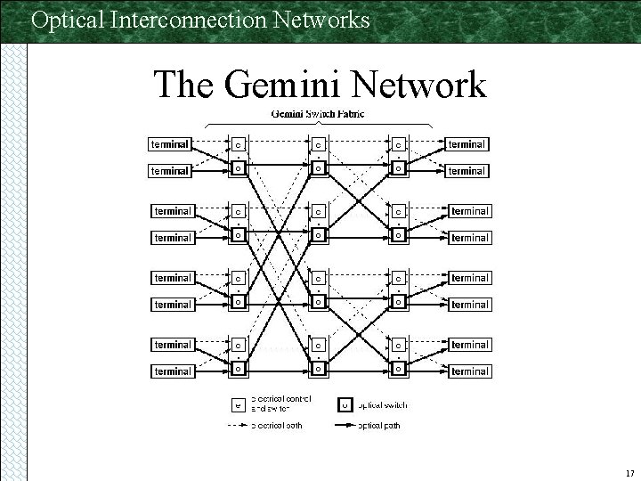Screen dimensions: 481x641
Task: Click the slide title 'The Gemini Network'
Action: click(x=320, y=86)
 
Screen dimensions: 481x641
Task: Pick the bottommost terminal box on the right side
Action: click(x=469, y=371)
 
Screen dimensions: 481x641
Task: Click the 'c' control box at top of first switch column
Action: click(x=239, y=143)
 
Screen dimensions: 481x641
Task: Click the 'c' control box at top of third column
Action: click(x=399, y=143)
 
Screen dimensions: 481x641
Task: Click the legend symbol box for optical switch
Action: click(x=345, y=404)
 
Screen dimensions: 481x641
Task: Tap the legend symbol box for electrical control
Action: click(x=237, y=404)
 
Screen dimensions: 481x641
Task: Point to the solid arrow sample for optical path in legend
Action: click(x=345, y=426)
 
